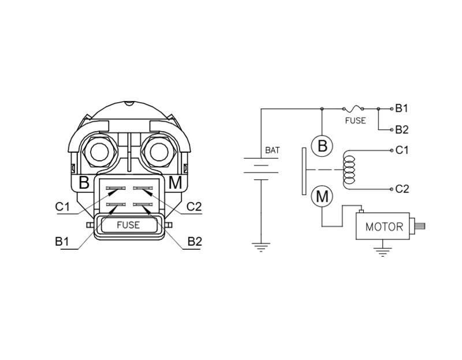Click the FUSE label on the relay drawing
(128, 225)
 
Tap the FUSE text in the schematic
(355, 121)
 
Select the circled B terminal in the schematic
(322, 145)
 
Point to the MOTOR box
(384, 227)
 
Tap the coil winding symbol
(349, 170)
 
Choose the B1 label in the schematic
(402, 108)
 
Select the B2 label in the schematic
(402, 129)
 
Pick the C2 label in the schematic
(402, 189)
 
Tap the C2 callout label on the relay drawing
(194, 207)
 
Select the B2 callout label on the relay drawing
(194, 242)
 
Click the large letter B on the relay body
(84, 183)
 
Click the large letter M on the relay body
(176, 183)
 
